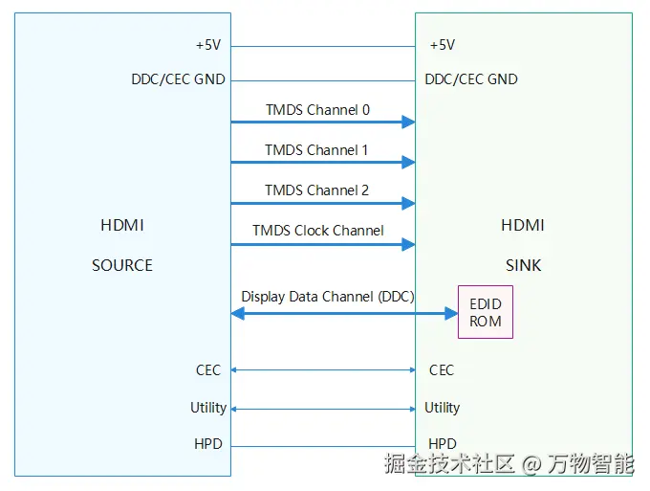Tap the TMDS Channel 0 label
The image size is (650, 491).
pos(317,110)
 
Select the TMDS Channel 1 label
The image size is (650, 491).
pos(316,150)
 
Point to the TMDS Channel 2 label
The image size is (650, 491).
pos(316,190)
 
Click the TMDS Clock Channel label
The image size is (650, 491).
pos(318,231)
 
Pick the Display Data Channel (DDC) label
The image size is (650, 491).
pos(328,297)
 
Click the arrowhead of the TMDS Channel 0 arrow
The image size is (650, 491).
pos(408,122)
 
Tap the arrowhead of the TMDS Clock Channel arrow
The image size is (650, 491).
pos(408,244)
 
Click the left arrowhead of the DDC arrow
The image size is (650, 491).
pos(237,313)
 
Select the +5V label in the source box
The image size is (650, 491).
pos(208,45)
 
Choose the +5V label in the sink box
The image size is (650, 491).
pos(443,45)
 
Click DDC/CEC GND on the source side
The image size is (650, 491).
pos(178,79)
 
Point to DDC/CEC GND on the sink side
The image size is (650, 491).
pos(471,79)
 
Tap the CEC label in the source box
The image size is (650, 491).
pos(208,370)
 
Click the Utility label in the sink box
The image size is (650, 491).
pos(442,408)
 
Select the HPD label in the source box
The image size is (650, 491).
pos(208,444)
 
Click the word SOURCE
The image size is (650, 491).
pos(122,266)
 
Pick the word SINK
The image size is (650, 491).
pos(523,266)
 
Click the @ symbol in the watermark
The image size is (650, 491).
pos(531,464)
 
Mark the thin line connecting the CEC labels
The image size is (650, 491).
pos(323,369)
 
